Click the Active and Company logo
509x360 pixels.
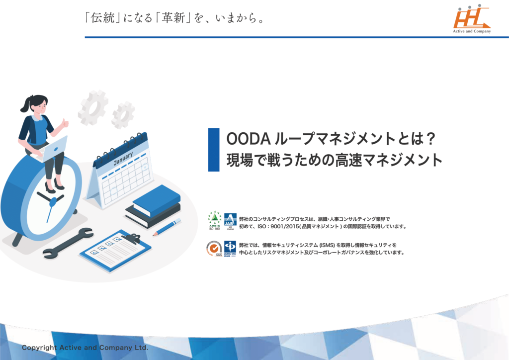472,19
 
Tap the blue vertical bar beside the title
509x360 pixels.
213,149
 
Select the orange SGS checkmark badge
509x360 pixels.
214,248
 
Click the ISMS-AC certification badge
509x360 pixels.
230,248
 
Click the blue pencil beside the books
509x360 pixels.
167,227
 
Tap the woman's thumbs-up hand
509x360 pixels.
65,123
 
